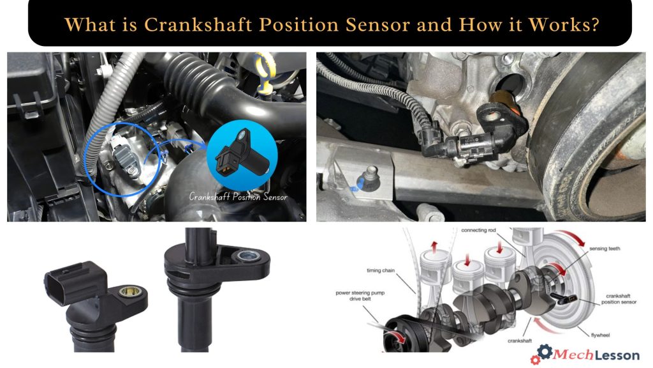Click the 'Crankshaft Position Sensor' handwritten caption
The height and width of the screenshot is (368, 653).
238,197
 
